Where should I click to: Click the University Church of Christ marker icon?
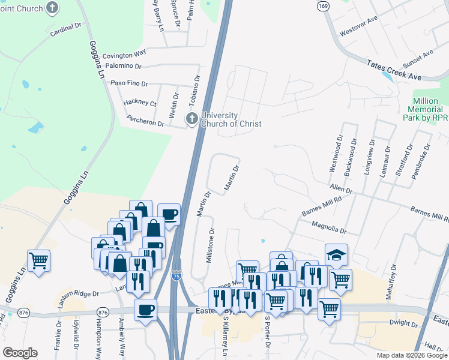coord(192,118)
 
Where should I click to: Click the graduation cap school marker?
coord(336,254)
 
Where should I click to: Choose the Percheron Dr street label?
coord(144,123)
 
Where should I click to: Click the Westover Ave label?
coord(358,26)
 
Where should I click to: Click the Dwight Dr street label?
coord(403,323)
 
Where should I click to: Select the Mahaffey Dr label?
coord(393,276)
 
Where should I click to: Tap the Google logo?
coord(20,353)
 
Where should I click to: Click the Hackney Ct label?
coord(140,103)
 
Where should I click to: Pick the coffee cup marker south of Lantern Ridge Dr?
coord(145,310)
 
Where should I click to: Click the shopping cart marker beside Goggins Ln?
coord(38,260)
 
